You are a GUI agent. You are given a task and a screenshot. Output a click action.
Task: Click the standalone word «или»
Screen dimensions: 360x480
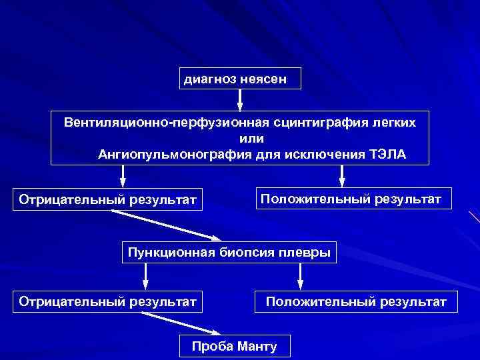pos(251,139)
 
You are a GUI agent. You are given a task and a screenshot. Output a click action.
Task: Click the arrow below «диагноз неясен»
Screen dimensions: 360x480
pos(240,99)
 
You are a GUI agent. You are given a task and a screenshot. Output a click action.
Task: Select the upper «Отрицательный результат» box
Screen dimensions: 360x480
pos(108,199)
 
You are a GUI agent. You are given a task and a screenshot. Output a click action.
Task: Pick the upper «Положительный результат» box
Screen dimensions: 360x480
pos(351,199)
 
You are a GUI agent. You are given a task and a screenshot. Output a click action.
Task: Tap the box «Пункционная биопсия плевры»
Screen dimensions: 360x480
pos(229,252)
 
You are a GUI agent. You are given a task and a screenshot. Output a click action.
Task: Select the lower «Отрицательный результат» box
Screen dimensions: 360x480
pos(108,302)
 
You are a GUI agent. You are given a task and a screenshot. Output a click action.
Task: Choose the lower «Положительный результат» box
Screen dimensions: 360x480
pos(356,302)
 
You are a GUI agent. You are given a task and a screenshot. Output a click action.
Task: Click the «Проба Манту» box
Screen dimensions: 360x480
pos(234,346)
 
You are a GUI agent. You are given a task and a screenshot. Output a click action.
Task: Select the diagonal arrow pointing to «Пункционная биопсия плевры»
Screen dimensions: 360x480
pos(167,225)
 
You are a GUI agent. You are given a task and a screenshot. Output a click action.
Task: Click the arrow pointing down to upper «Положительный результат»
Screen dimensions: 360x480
pos(342,175)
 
